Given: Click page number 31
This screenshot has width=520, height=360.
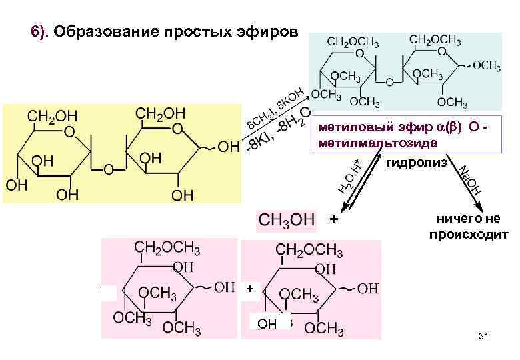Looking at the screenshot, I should (x=484, y=341).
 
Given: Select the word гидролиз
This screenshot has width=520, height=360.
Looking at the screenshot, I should (x=417, y=164).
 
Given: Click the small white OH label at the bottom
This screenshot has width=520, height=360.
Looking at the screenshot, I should (x=267, y=324).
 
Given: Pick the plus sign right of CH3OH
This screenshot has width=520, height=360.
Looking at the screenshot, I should (x=334, y=219).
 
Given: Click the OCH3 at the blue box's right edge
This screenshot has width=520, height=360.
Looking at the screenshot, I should (x=487, y=65).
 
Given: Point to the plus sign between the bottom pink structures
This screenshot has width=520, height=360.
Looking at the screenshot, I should (x=249, y=289).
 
